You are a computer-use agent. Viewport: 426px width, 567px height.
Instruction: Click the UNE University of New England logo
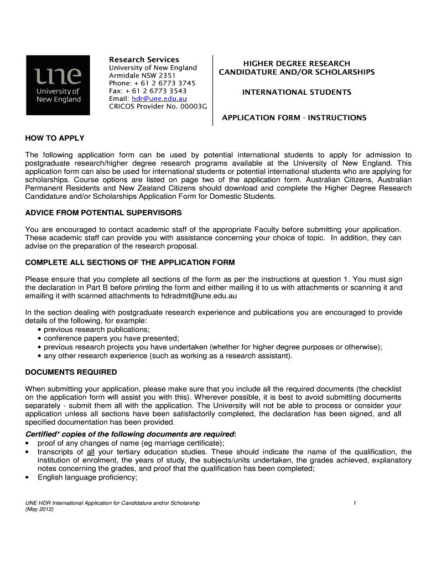point(58,85)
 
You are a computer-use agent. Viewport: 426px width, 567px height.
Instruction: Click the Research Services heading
point(144,59)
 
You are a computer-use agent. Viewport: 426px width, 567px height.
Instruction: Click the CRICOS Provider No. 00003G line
point(158,106)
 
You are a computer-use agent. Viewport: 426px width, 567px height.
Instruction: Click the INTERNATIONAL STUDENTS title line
point(297,92)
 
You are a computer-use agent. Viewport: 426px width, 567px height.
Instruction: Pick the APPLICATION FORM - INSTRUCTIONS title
point(294,118)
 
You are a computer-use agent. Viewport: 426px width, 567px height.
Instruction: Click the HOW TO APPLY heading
point(55,138)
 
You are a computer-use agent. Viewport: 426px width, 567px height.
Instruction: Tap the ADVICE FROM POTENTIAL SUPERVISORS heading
point(103,213)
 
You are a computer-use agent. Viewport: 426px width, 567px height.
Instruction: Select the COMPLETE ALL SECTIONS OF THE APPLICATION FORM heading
point(130,262)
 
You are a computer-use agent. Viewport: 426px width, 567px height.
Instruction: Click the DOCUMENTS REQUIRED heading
point(71,372)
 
